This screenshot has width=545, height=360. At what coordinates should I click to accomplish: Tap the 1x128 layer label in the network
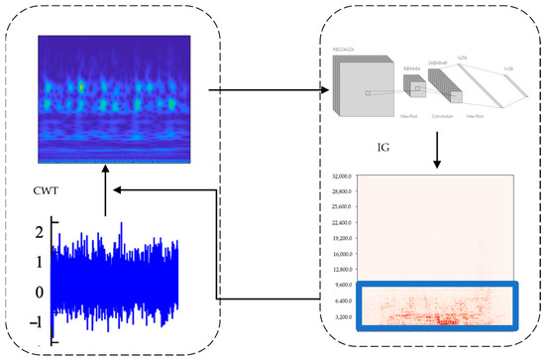tap(506, 69)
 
